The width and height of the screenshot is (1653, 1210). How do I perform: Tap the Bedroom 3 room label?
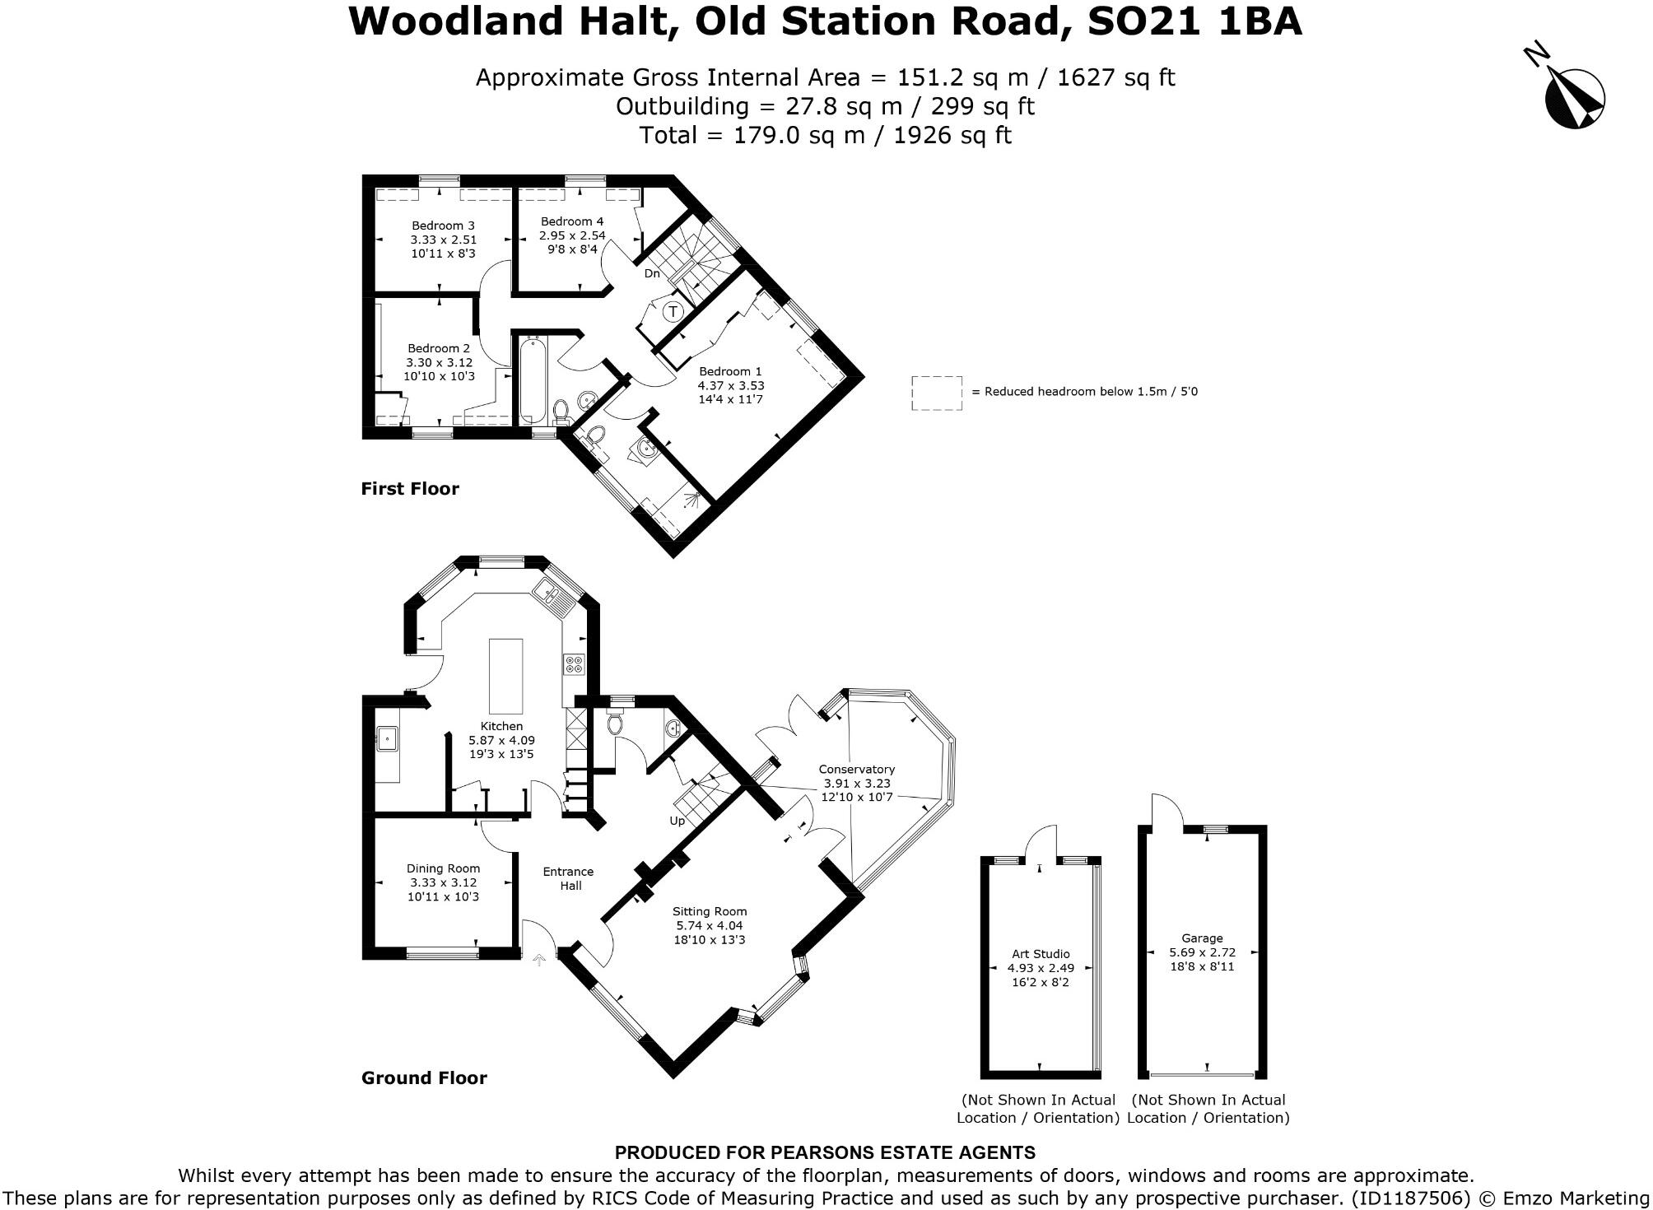coord(443,226)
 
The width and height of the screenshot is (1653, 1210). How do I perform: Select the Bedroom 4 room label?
coord(572,221)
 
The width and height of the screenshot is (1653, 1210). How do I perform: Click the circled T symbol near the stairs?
coord(673,311)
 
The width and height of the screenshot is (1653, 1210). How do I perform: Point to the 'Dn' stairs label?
coord(652,273)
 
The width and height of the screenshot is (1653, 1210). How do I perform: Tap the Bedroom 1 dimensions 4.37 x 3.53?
coord(731,385)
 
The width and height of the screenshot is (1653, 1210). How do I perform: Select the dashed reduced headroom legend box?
coord(936,393)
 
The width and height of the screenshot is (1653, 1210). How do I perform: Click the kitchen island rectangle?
coord(505,676)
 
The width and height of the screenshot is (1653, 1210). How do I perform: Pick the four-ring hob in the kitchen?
coord(574,664)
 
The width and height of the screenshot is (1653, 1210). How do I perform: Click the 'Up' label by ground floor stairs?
coord(677,821)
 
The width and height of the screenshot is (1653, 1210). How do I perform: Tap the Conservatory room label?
coord(856,769)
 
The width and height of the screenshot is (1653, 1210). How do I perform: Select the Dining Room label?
coord(443,868)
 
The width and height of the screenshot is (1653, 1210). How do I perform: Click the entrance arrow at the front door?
coord(540,959)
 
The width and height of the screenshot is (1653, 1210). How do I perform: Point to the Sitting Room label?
coord(710,911)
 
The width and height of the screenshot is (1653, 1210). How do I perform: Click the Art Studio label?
coord(1041,954)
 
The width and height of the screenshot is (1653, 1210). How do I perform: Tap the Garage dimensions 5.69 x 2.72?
coord(1202,952)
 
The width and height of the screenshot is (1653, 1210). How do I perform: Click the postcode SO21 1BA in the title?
coord(1194,21)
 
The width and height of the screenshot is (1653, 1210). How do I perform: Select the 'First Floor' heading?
coord(410,489)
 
